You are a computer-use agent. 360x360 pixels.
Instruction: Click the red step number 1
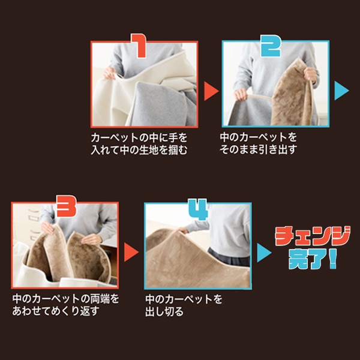pyautogui.click(x=139, y=46)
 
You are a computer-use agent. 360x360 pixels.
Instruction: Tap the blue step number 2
pyautogui.click(x=271, y=46)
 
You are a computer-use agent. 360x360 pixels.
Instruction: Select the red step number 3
pyautogui.click(x=67, y=206)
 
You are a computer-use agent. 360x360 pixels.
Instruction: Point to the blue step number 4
pyautogui.click(x=198, y=209)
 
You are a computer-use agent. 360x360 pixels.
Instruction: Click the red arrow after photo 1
pyautogui.click(x=211, y=91)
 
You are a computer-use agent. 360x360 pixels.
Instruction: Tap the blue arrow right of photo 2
pyautogui.click(x=341, y=91)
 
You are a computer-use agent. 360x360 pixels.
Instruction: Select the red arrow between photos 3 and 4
pyautogui.click(x=131, y=252)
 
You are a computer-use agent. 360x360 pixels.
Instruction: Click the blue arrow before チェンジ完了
pyautogui.click(x=264, y=253)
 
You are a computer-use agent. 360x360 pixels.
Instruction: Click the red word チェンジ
pyautogui.click(x=313, y=236)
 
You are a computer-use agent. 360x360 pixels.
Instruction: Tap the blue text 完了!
pyautogui.click(x=312, y=259)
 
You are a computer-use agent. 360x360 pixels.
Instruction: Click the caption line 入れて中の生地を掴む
pyautogui.click(x=139, y=150)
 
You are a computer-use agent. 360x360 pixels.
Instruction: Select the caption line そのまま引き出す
pyautogui.click(x=258, y=149)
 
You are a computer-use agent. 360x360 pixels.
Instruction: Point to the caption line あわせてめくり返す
pyautogui.click(x=56, y=311)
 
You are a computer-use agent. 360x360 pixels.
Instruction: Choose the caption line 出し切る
pyautogui.click(x=164, y=311)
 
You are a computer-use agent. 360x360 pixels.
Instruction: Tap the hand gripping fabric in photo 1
pyautogui.click(x=110, y=73)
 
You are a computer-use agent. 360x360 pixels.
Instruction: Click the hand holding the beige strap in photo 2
pyautogui.click(x=241, y=94)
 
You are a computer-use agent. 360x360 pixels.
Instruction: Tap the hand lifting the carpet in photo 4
pyautogui.click(x=182, y=230)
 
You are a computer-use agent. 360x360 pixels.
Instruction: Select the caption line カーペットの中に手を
pyautogui.click(x=139, y=137)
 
